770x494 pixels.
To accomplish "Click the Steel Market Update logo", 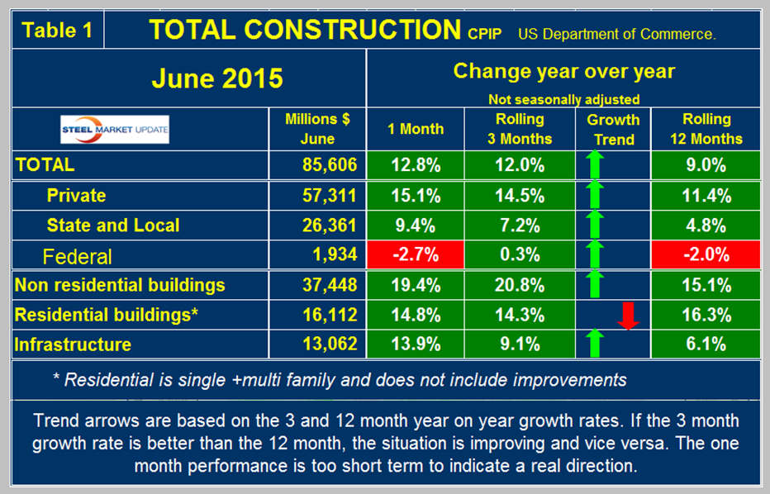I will [x=116, y=130].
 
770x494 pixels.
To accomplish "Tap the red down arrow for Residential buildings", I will [x=630, y=315].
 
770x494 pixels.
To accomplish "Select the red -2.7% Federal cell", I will [x=416, y=255].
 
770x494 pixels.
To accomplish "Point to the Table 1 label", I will [x=55, y=31].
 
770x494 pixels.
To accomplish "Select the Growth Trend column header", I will [x=614, y=129].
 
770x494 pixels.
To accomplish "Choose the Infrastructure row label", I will [x=74, y=344].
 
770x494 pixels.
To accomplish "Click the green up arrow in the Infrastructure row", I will [x=595, y=344].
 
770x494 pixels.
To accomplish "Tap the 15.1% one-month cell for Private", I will [x=416, y=195].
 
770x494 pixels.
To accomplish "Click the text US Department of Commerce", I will [x=616, y=35].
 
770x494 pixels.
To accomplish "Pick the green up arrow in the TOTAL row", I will [x=595, y=164].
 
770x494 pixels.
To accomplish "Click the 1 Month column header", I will [x=416, y=129].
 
